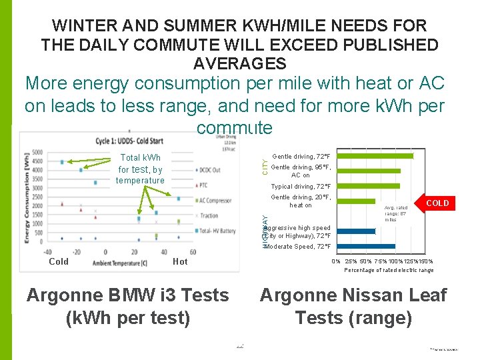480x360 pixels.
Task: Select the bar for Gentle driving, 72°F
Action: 377,156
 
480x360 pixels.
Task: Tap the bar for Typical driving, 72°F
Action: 371,186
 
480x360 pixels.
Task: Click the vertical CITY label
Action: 265,167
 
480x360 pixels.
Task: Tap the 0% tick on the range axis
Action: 336,261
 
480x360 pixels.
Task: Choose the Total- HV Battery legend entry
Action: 217,231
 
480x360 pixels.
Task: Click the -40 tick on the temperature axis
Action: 47,252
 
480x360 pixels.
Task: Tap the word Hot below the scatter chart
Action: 180,262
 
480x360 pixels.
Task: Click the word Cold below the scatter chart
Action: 59,262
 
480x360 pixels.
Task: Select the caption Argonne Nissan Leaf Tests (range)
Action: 353,306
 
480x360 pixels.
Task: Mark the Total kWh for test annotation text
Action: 140,169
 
